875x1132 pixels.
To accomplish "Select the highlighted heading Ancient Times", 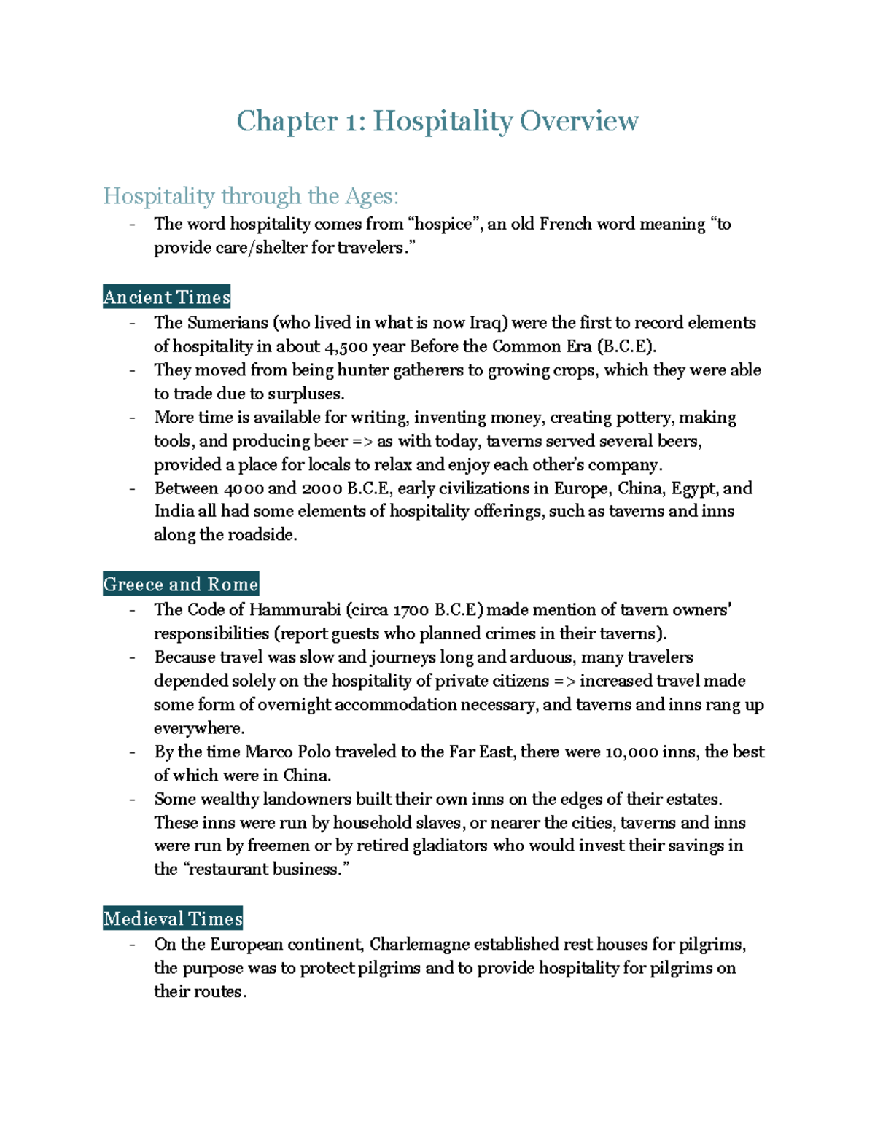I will [167, 297].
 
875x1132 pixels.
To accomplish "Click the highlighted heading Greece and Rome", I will [181, 585].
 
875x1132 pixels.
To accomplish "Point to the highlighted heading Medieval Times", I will [173, 918].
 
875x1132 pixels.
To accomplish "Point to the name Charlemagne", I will [419, 945].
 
